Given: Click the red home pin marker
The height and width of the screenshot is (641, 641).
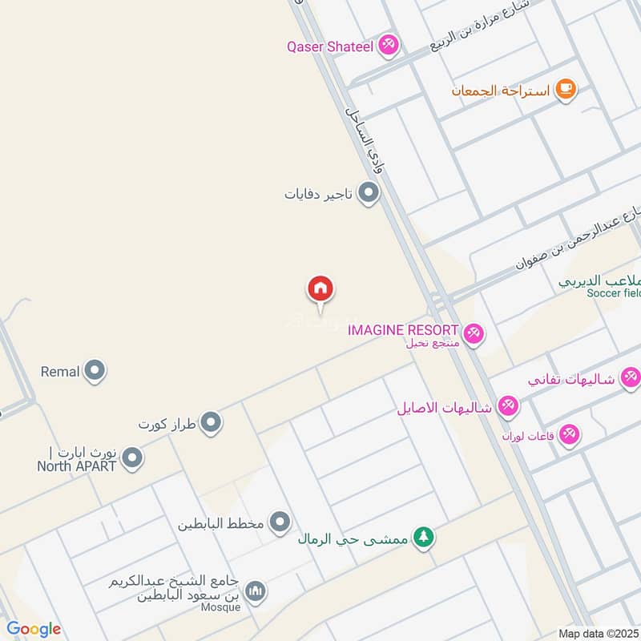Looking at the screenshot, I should coord(320,289).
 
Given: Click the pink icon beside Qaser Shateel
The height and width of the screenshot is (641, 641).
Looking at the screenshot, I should coord(389,45).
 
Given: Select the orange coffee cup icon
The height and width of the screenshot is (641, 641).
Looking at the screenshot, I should coord(566,90).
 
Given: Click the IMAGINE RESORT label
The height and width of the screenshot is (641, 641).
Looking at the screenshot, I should coord(403,329).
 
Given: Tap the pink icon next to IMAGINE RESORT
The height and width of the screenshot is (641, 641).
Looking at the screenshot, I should coord(474,334).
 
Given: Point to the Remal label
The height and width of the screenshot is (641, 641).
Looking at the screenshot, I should coord(60,371).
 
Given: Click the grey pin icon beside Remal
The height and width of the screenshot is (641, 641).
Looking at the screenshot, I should coord(95,371).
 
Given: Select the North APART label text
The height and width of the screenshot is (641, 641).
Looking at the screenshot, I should coord(77,466).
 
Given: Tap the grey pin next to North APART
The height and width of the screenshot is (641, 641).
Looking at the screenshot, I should coord(133,458).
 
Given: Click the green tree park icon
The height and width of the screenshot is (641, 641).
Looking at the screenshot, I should coord(423,537).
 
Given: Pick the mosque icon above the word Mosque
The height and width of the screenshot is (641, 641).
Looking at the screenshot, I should coord(256,592).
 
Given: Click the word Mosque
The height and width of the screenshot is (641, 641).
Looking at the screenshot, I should coord(224,607).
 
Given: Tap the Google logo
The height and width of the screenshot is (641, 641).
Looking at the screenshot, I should coord(34,629).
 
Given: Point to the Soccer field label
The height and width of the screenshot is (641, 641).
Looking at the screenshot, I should coord(614,293).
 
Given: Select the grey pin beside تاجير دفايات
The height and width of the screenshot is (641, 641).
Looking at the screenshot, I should coord(368,193).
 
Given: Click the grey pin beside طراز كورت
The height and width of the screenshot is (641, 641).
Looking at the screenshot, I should coord(211,422).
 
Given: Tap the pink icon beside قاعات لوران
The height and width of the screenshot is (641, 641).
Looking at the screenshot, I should coord(570,434).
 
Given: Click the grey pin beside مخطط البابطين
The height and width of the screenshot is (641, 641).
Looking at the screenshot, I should coord(280,524).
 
